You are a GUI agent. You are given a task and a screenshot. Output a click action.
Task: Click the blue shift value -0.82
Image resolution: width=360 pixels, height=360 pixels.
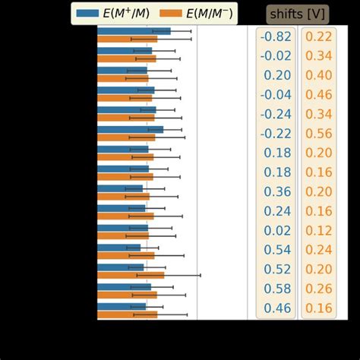pos(275,36)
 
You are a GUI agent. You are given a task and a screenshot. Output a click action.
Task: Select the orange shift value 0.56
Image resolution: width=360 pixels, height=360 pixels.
pos(319,133)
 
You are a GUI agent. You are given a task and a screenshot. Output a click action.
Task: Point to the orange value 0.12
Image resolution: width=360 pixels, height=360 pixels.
pos(319,230)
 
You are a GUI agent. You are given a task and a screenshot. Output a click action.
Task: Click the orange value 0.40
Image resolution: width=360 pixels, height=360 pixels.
pos(319,75)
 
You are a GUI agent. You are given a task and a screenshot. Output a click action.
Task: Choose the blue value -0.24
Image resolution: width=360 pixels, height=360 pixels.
pos(275,114)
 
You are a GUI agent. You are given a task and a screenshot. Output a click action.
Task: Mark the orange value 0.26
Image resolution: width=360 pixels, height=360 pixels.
pos(319,289)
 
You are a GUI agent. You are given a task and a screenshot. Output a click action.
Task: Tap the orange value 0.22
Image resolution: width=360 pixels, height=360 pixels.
pos(319,36)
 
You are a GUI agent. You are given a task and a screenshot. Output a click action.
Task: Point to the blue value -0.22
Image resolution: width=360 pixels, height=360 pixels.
pos(275,133)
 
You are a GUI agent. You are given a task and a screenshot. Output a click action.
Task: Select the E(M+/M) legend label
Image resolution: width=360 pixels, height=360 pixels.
pos(128,13)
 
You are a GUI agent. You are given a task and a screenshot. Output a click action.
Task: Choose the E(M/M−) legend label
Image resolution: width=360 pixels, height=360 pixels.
pos(207,13)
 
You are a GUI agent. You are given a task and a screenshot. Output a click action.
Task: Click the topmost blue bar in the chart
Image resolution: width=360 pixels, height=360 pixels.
pos(134,31)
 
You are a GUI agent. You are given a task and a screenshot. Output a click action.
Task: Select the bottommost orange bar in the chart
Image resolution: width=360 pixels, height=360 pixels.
pos(127,314)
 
